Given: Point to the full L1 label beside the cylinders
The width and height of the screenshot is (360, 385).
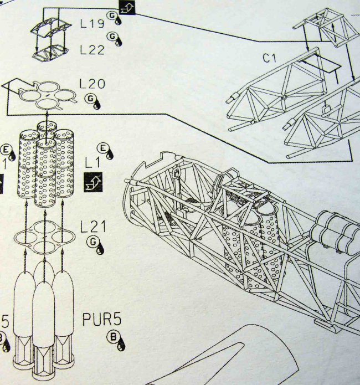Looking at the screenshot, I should click(x=91, y=164).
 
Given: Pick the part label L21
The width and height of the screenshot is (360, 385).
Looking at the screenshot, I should click(x=92, y=227).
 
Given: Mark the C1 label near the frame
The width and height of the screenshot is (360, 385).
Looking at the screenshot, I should click(x=271, y=57).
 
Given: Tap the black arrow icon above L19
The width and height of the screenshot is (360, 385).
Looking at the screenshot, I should click(x=127, y=7).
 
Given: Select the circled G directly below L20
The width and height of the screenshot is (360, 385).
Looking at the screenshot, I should click(x=90, y=99).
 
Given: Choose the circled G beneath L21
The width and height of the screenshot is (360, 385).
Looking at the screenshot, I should click(x=92, y=242).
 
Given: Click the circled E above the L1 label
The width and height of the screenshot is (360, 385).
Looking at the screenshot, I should click(x=103, y=147).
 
